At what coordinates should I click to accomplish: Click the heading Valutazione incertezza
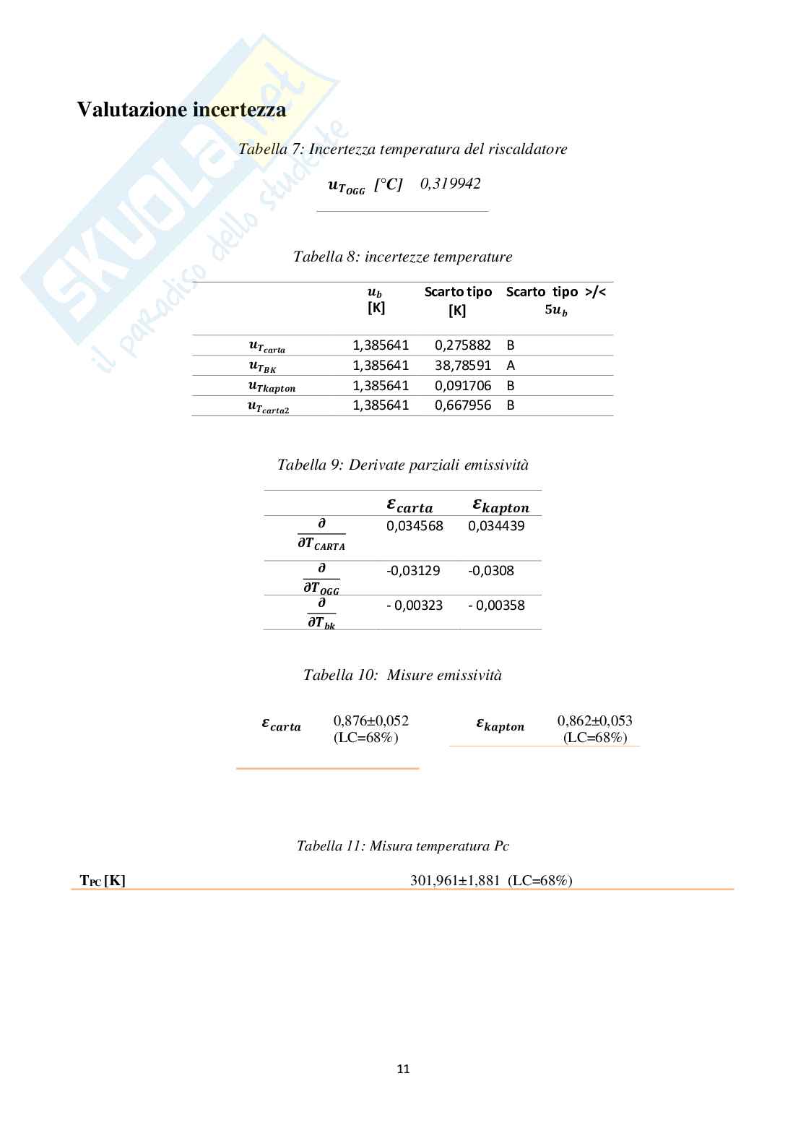tap(181, 110)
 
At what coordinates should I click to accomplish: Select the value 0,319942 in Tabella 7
tap(450, 184)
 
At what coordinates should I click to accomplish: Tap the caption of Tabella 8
tap(402, 257)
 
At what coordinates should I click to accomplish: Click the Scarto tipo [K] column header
tap(458, 301)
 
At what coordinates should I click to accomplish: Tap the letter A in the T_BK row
tap(511, 366)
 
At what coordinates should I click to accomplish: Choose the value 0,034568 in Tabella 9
tap(415, 526)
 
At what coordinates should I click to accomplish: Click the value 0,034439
tap(496, 526)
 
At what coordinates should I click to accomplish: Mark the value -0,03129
tap(413, 571)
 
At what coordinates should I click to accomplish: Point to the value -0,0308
tap(491, 571)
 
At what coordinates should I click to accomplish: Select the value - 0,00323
tap(415, 606)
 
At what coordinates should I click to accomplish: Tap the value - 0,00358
tap(496, 606)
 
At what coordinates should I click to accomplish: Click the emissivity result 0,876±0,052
tap(370, 721)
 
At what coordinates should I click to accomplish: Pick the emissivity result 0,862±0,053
tap(594, 721)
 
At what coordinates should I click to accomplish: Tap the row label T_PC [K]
tap(103, 881)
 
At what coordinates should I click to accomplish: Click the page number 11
tap(403, 1069)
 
